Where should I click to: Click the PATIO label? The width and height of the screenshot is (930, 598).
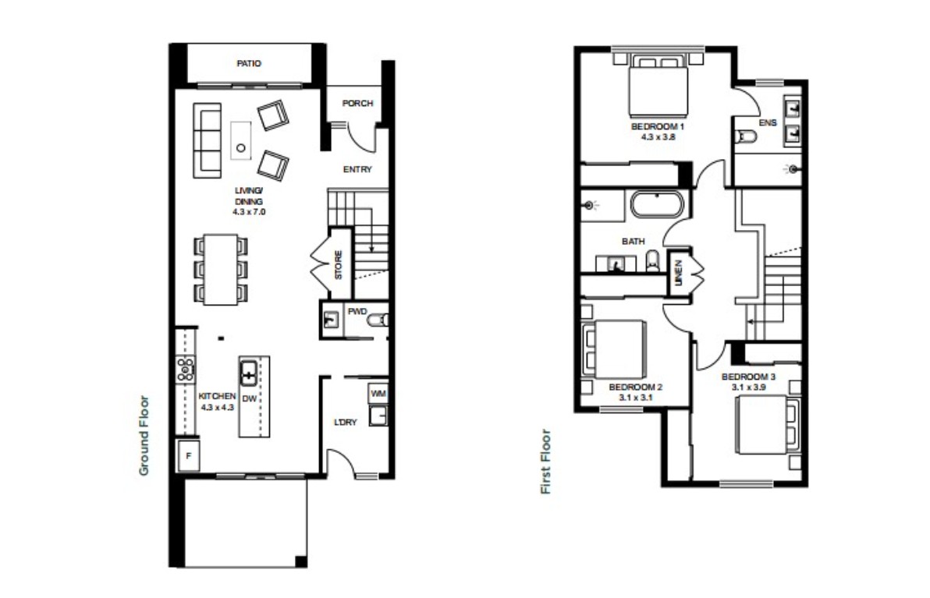249,63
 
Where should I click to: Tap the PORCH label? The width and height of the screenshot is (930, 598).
357,103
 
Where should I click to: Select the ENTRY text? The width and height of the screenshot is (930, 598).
357,169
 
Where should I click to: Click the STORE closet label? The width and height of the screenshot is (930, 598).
338,265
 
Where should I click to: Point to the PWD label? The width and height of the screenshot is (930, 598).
357,312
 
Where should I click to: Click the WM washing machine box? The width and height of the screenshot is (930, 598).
378,394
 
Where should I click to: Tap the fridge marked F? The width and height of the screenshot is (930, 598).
189,456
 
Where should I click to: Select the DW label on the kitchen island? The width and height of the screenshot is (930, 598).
250,399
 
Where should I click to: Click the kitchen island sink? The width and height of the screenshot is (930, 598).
249,373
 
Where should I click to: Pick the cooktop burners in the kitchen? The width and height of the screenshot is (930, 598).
186,369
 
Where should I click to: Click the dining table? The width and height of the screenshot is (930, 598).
221,270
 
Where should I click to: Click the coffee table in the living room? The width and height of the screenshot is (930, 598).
241,140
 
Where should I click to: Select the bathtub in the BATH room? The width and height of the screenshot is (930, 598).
657,204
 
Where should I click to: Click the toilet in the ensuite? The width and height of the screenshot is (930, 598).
746,137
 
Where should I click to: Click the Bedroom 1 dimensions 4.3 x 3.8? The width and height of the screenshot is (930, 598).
658,137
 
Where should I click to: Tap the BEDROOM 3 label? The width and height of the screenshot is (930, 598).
748,377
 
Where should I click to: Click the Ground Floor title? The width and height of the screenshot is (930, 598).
144,436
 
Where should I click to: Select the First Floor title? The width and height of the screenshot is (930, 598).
545,462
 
